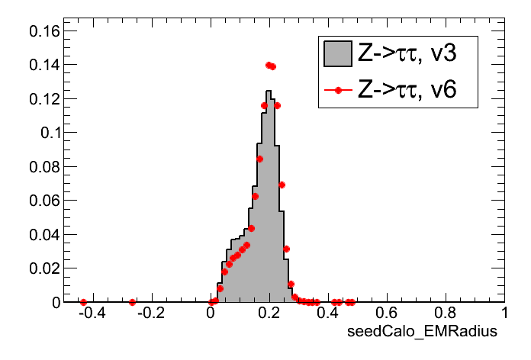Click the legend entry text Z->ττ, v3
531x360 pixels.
pos(407,54)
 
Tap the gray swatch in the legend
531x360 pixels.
pos(337,54)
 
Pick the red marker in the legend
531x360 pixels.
pos(337,91)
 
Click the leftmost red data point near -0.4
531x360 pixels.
pos(83,303)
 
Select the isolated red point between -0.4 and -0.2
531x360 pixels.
pos(132,303)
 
